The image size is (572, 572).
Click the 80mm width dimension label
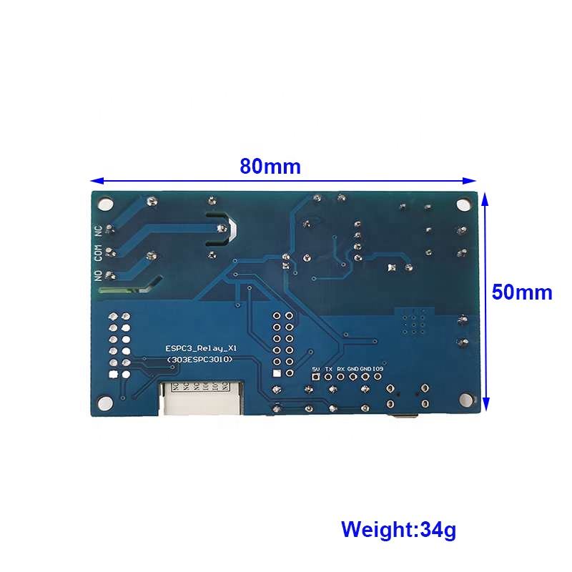coord(270,167)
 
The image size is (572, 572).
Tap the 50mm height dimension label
coord(522,292)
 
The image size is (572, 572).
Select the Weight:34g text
coord(398,530)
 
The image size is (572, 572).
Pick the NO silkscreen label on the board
coord(99,275)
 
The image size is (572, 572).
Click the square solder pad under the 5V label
coord(316,376)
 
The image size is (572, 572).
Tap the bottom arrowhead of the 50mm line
coord(485,405)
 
